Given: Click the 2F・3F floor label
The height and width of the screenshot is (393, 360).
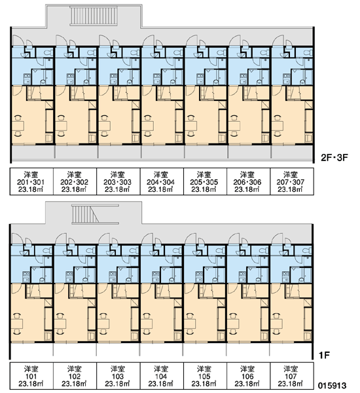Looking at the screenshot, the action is [334, 158].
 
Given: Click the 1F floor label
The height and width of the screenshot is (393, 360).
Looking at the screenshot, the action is [325, 355].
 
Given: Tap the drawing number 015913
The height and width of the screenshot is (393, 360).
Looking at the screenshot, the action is [333, 385].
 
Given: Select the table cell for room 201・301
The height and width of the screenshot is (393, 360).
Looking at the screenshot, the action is [31, 181].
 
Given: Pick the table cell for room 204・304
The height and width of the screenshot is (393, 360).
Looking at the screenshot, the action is [162, 181].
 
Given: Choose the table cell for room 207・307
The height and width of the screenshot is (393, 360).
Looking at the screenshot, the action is [292, 181].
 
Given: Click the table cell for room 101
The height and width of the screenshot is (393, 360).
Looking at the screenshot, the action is [31, 376].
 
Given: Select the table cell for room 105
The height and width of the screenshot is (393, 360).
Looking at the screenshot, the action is [205, 376].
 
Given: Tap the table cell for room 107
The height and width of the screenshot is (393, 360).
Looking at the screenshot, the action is [292, 376].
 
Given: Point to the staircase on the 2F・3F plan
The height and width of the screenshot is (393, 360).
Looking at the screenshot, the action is [94, 16].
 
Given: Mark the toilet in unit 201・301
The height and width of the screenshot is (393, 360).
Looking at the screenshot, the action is [48, 52].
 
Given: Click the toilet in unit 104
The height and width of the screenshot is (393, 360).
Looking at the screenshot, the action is [177, 250].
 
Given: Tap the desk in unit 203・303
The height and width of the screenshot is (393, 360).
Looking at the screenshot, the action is [105, 126].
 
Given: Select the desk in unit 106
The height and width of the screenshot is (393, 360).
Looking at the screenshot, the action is [233, 324].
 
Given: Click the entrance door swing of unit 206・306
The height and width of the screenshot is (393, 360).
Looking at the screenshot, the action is [235, 40].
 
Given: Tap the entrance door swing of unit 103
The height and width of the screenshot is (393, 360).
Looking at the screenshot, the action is [105, 238].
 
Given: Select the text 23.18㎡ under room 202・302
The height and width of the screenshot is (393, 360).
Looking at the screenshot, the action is [75, 189].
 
